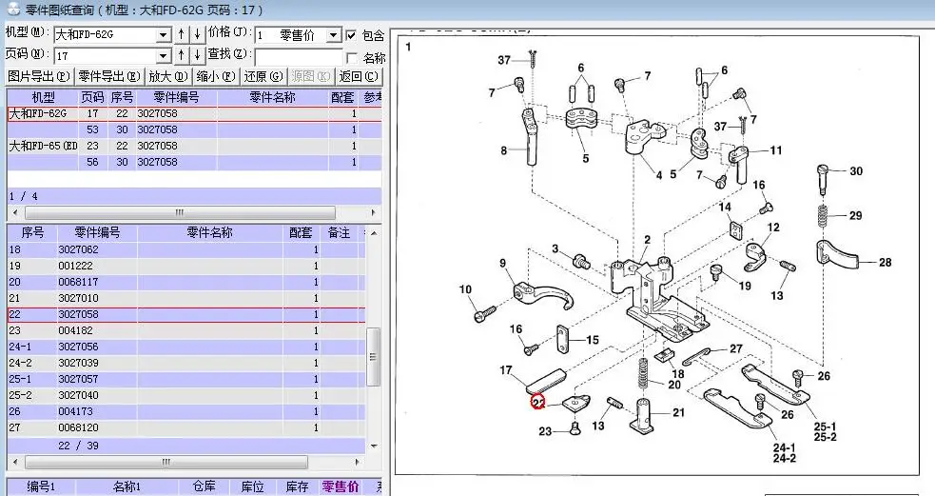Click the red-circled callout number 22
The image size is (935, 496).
coord(537,403)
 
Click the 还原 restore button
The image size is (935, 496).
coord(263,76)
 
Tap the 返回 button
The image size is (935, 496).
coord(359,76)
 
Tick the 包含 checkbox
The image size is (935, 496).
coord(352,35)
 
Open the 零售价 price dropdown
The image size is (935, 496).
coord(333,35)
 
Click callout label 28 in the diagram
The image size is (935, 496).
coord(885,263)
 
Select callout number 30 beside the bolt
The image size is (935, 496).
coord(856,171)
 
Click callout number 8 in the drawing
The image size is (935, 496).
coord(503,150)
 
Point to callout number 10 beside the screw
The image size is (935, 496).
coord(465,289)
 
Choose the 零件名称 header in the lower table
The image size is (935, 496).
coord(209,232)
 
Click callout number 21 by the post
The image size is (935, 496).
coord(678,412)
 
